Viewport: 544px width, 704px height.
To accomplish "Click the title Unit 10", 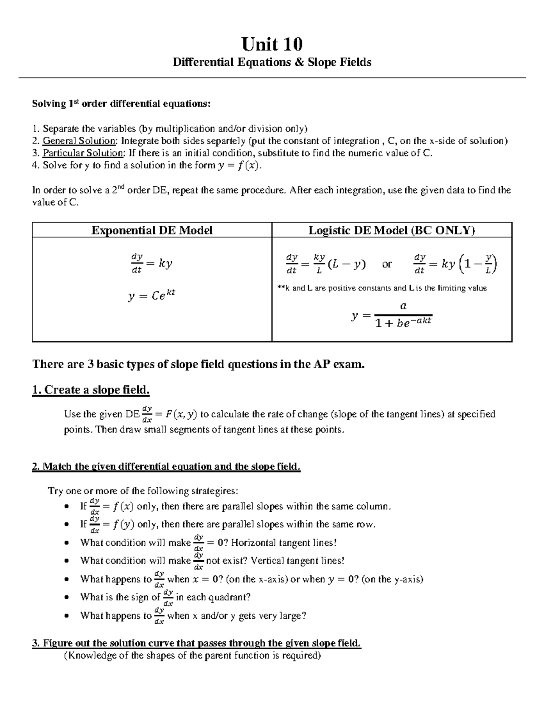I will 272,44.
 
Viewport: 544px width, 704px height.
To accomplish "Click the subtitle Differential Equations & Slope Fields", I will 272,62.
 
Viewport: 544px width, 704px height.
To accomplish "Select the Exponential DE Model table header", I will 152,230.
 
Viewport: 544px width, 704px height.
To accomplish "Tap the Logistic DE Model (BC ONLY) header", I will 392,230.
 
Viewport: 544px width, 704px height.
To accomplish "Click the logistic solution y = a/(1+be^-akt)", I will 392,315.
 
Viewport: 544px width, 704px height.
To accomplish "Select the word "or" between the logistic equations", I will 387,264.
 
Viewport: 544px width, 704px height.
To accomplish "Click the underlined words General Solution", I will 79,141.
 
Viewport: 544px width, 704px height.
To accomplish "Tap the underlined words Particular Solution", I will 83,153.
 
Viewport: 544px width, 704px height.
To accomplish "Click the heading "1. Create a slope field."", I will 91,390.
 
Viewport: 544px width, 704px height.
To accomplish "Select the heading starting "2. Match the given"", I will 166,466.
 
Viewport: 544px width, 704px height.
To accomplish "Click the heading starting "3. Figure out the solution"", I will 196,643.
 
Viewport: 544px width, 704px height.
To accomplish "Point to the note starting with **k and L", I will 382,288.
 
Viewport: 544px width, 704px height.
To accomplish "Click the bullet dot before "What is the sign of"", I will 67,597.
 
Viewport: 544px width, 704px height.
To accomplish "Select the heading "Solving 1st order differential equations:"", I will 121,104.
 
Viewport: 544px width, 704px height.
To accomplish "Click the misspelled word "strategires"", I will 213,491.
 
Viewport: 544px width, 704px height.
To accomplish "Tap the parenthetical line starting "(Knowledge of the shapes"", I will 192,655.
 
